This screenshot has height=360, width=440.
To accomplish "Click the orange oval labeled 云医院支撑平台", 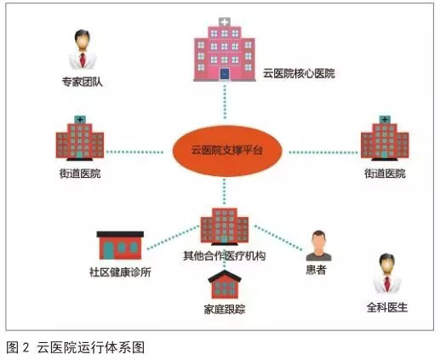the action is tap(227, 151).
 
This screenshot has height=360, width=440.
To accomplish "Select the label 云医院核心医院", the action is tap(299, 74).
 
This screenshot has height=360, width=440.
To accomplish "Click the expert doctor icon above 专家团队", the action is tap(83, 49).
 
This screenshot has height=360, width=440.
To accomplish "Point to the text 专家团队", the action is tap(83, 82).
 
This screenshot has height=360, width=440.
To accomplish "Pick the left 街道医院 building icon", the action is tap(80, 138).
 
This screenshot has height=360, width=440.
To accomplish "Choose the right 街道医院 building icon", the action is tap(385, 138).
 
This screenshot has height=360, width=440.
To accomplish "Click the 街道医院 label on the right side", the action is tap(385, 174).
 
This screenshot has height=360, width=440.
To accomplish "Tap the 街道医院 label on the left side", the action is tap(80, 174).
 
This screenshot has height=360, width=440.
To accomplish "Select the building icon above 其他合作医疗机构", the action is tap(225, 226).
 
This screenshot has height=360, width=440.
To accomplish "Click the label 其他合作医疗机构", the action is tap(225, 256).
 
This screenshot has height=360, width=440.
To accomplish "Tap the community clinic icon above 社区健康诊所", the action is tap(120, 245).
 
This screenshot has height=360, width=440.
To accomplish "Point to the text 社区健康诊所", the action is tap(120, 272).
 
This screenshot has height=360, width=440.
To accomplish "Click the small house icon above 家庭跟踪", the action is tap(225, 284).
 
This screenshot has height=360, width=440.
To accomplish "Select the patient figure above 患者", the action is tap(319, 246).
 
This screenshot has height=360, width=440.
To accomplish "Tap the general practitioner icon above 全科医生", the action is tap(387, 273).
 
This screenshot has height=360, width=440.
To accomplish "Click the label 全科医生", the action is tap(387, 307).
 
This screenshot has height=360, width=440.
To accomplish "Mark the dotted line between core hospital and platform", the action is tap(225, 100).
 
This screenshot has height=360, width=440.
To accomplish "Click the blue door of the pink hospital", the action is tap(225, 74).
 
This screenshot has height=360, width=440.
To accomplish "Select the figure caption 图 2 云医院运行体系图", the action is tap(76, 347).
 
